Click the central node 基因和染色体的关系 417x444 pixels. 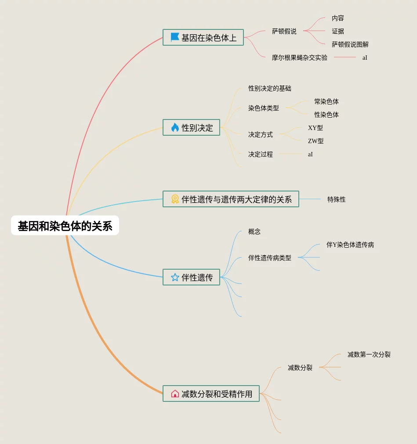pyautogui.click(x=65, y=226)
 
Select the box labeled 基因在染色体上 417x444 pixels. pyautogui.click(x=203, y=38)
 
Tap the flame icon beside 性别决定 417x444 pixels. pyautogui.click(x=175, y=128)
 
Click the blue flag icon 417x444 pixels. pyautogui.click(x=175, y=38)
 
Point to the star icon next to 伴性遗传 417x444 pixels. pyautogui.click(x=175, y=278)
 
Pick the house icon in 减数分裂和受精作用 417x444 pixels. pyautogui.click(x=175, y=394)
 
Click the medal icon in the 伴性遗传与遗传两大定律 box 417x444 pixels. pyautogui.click(x=175, y=199)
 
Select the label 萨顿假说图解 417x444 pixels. pyautogui.click(x=350, y=44)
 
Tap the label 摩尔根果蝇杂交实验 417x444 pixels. pyautogui.click(x=300, y=58)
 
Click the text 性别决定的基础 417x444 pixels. pyautogui.click(x=270, y=88)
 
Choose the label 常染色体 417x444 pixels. pyautogui.click(x=326, y=101)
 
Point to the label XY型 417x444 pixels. pyautogui.click(x=315, y=128)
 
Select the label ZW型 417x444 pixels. pyautogui.click(x=316, y=141)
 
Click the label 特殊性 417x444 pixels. pyautogui.click(x=337, y=199)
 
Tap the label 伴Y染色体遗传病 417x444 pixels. pyautogui.click(x=350, y=245)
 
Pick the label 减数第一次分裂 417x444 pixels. pyautogui.click(x=369, y=354)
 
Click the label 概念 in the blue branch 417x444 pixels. pyautogui.click(x=254, y=231)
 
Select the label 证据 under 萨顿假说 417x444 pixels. pyautogui.click(x=338, y=31)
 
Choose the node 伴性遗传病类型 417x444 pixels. pyautogui.click(x=270, y=258)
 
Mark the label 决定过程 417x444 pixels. pyautogui.click(x=261, y=154)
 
